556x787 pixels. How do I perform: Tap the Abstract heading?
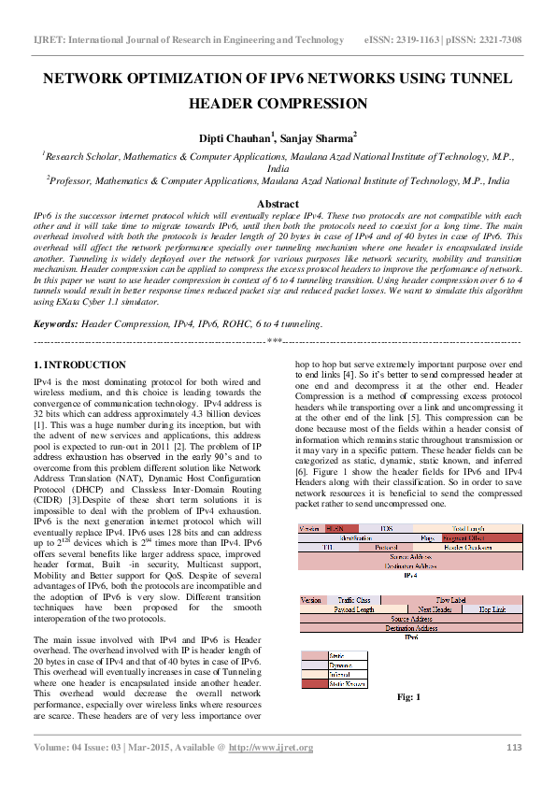278,204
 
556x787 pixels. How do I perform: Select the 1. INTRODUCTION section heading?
79,365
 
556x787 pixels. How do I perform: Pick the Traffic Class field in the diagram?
354,599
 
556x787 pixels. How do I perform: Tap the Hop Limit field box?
492,608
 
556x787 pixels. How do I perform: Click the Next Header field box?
435,608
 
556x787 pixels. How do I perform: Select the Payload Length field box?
354,608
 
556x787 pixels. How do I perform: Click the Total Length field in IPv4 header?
468,529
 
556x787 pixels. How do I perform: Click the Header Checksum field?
468,548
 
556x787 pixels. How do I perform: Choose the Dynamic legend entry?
338,665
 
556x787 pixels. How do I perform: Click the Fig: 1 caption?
409,697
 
